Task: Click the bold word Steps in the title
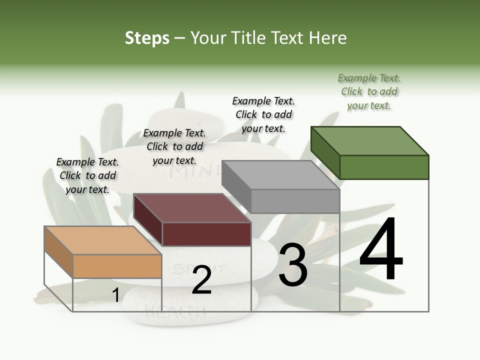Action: [x=147, y=38]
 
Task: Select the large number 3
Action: [x=293, y=265]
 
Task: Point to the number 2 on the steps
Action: [x=201, y=280]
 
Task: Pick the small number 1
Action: [x=115, y=295]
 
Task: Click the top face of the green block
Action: [x=370, y=141]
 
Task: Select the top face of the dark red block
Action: [x=192, y=208]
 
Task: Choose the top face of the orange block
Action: [x=103, y=240]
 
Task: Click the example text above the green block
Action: [x=369, y=91]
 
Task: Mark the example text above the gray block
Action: [x=263, y=114]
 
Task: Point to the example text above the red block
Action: [x=174, y=146]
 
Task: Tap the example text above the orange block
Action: [x=87, y=175]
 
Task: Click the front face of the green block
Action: [x=384, y=167]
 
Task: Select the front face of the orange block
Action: [x=117, y=266]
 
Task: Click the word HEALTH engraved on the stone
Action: [x=175, y=312]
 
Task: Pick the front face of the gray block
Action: [x=295, y=201]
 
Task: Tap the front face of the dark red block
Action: [x=206, y=234]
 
